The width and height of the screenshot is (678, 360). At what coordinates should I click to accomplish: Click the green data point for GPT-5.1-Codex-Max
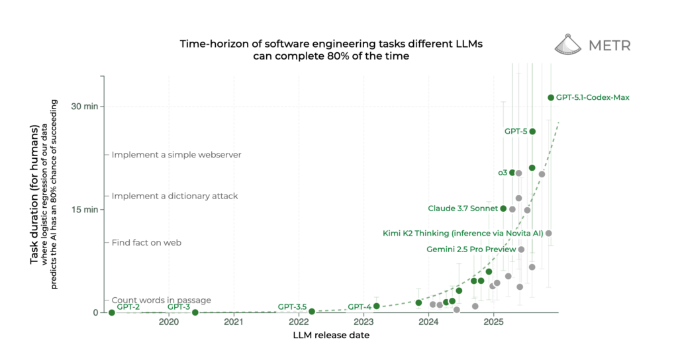pyautogui.click(x=550, y=97)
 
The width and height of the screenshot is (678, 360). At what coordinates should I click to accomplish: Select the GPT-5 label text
pyautogui.click(x=516, y=132)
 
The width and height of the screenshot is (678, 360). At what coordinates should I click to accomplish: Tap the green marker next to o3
pyautogui.click(x=512, y=173)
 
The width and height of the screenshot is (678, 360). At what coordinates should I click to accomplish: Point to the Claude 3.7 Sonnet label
pyautogui.click(x=463, y=208)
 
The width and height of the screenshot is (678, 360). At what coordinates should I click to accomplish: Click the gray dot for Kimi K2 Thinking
pyautogui.click(x=548, y=233)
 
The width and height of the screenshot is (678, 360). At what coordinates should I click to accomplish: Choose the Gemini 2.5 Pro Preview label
pyautogui.click(x=469, y=249)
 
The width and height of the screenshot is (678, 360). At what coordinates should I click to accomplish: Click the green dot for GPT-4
pyautogui.click(x=376, y=306)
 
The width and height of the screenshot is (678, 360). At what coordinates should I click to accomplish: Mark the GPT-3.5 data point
pyautogui.click(x=312, y=311)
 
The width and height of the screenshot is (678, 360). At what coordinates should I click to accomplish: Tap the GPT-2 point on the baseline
pyautogui.click(x=111, y=312)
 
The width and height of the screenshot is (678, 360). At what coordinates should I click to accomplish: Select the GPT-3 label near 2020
pyautogui.click(x=179, y=306)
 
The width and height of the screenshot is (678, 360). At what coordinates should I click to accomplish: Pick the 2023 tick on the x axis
pyautogui.click(x=363, y=322)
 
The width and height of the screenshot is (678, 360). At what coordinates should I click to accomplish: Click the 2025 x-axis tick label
pyautogui.click(x=493, y=322)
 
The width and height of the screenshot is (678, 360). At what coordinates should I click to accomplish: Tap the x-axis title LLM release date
pyautogui.click(x=331, y=336)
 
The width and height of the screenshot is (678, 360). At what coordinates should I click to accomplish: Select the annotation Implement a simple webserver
pyautogui.click(x=176, y=155)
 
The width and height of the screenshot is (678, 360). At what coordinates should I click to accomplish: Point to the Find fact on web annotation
pyautogui.click(x=156, y=243)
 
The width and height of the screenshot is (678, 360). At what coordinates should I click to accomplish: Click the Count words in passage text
pyautogui.click(x=161, y=300)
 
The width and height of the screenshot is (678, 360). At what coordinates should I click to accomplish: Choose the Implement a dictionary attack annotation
pyautogui.click(x=175, y=197)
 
